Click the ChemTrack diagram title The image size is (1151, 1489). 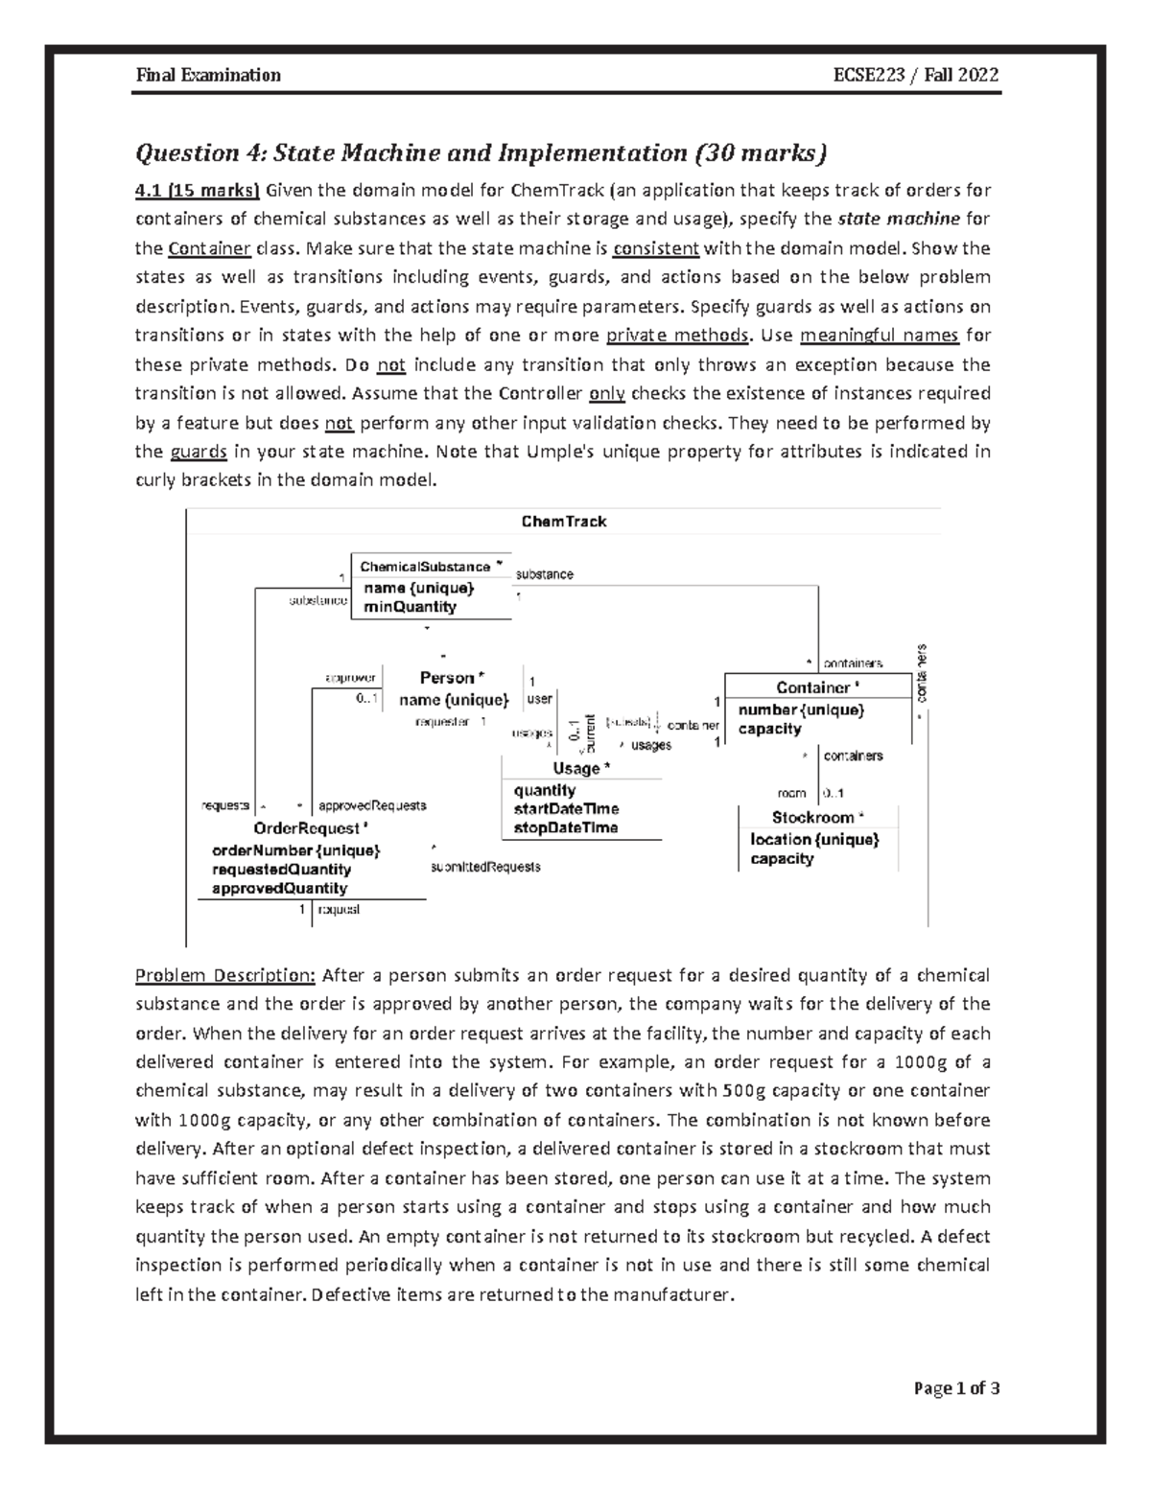tap(563, 522)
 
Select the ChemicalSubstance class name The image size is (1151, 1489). tap(425, 567)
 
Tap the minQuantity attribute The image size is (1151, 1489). tap(410, 607)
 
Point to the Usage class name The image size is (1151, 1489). tap(575, 768)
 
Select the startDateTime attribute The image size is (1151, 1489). tap(566, 809)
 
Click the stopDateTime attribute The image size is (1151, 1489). tap(566, 827)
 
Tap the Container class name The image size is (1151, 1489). tap(813, 687)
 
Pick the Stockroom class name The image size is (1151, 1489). tap(813, 818)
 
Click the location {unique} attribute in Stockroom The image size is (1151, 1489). tap(814, 839)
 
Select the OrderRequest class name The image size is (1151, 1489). tap(307, 827)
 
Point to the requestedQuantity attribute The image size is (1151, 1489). tap(281, 870)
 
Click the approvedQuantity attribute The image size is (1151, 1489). tap(279, 889)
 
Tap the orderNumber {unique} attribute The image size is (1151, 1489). tap(295, 850)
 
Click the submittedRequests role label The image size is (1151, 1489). tap(485, 867)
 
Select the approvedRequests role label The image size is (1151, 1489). tap(372, 806)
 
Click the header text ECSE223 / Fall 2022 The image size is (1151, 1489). tap(918, 75)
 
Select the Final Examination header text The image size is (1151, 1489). tap(208, 75)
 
